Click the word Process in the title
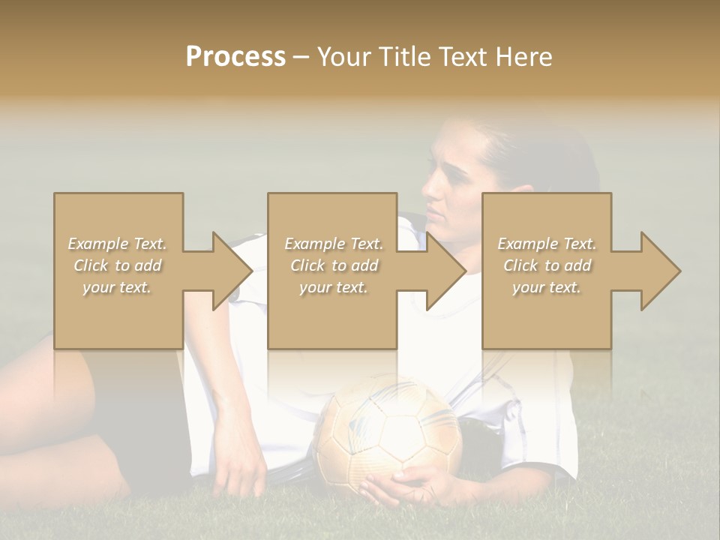[x=235, y=57]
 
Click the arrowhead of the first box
[x=232, y=271]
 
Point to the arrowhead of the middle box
[x=446, y=271]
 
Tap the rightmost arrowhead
[x=661, y=271]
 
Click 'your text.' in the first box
[x=117, y=287]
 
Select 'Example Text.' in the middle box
[x=334, y=244]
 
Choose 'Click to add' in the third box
[x=547, y=265]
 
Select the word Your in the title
[x=346, y=57]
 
